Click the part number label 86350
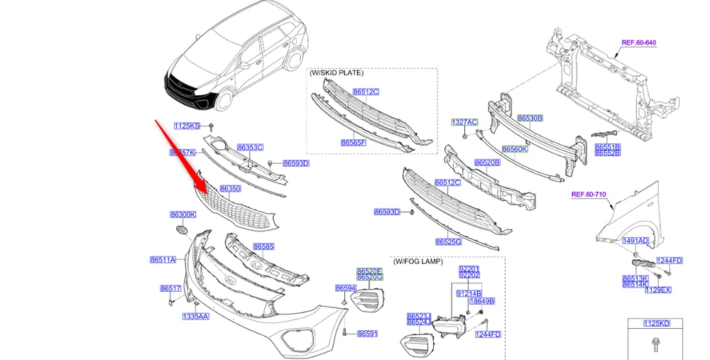click(x=229, y=189)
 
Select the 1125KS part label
click(x=187, y=126)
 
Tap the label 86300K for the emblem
click(x=182, y=214)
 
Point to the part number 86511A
click(x=163, y=260)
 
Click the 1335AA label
click(x=195, y=316)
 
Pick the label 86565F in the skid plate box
click(x=353, y=143)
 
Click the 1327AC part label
click(x=464, y=122)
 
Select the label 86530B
click(x=530, y=118)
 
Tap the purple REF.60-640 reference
click(x=638, y=43)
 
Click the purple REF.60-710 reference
click(x=589, y=194)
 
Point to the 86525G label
click(x=448, y=241)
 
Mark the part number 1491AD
click(x=635, y=241)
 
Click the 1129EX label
click(x=657, y=290)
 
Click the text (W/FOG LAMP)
click(x=417, y=261)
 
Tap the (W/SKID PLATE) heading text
click(x=337, y=72)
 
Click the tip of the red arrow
click(x=207, y=192)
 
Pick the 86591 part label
click(x=367, y=333)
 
